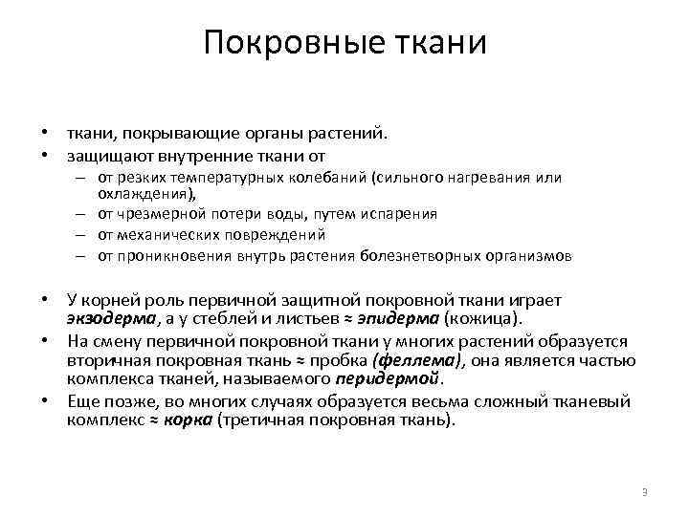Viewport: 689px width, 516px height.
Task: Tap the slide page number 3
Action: pos(645,492)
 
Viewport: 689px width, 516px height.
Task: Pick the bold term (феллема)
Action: pos(419,360)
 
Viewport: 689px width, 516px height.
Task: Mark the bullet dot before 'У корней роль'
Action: pos(44,301)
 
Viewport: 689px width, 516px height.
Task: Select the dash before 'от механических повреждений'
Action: pos(82,235)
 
